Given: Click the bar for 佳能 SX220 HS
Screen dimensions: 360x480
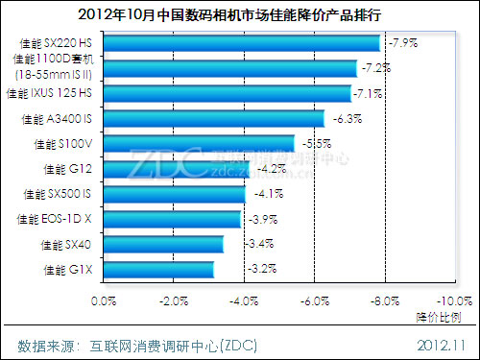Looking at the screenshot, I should (x=240, y=43).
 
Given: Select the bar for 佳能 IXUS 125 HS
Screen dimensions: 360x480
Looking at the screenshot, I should (x=227, y=93).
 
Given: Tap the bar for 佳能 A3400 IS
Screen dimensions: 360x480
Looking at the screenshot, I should (x=213, y=118).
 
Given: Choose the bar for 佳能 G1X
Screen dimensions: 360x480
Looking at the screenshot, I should (x=157, y=270).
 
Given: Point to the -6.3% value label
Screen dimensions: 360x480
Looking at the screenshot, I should (x=348, y=119).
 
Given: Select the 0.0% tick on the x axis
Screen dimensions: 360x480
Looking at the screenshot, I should (x=103, y=301).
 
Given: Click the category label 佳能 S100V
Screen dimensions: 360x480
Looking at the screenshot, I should (x=62, y=144).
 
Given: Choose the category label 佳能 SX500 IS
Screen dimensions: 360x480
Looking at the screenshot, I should (x=60, y=194).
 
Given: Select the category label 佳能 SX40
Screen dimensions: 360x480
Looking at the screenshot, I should (x=66, y=245).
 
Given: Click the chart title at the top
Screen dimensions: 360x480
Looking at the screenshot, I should (x=240, y=13).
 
